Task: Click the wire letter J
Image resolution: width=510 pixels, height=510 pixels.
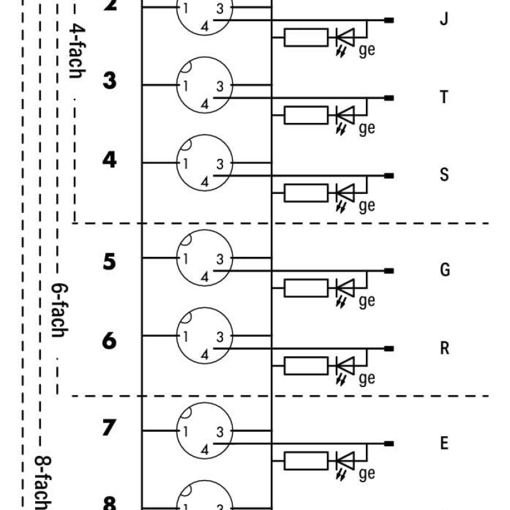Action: pos(444,18)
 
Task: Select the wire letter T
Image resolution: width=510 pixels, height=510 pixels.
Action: pos(444,97)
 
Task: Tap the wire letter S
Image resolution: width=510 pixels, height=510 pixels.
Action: pos(444,175)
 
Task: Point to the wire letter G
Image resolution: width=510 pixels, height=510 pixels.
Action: pos(444,270)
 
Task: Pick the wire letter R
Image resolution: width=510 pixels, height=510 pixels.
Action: pos(444,348)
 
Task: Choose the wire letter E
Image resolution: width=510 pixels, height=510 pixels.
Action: pos(444,443)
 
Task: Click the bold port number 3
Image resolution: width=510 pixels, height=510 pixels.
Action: pos(110,82)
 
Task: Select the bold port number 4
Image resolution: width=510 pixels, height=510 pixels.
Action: pos(110,159)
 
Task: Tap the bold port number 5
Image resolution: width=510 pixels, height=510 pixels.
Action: pos(110,261)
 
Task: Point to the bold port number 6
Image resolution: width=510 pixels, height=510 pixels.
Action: pos(110,341)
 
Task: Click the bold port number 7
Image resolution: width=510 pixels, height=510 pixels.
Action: pos(110,428)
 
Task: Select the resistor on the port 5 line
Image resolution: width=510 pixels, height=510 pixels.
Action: pos(306,288)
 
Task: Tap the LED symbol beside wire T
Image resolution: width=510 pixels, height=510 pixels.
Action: pos(345,116)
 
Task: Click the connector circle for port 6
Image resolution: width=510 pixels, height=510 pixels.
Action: pos(204,337)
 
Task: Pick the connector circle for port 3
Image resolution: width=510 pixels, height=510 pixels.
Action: pos(204,85)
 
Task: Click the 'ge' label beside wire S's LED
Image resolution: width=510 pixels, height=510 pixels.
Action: pos(367,206)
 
